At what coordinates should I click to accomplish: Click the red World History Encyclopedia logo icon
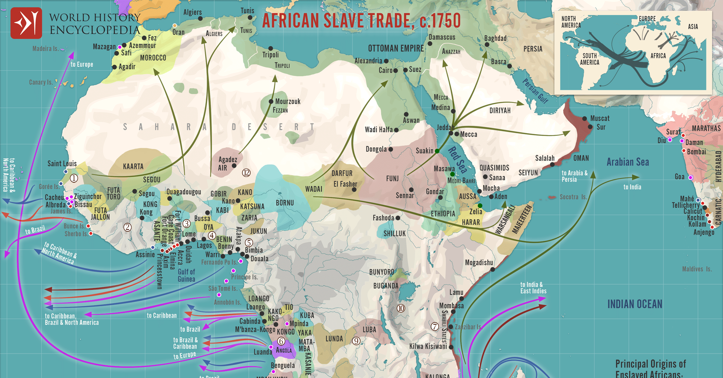(x=26, y=23)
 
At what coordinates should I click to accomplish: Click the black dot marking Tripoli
(x=271, y=49)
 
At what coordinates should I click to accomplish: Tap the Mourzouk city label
(x=288, y=102)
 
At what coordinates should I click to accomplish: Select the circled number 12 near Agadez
(x=246, y=173)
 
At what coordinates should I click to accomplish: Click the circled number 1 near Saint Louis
(x=74, y=178)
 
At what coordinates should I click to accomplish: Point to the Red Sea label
(x=457, y=160)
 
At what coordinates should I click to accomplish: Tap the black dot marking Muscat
(x=584, y=118)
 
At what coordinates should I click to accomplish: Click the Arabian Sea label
(x=628, y=162)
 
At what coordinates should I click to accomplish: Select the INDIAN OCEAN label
(x=635, y=304)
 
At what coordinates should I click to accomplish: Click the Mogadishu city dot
(x=493, y=269)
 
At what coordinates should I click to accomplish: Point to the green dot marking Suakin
(x=437, y=151)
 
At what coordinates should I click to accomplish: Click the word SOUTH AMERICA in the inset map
(x=590, y=59)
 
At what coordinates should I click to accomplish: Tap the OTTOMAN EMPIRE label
(x=396, y=49)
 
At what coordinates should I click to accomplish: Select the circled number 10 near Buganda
(x=401, y=308)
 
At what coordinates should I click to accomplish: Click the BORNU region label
(x=285, y=203)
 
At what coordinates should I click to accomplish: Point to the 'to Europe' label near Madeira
(x=82, y=65)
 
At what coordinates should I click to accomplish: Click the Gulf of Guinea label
(x=186, y=276)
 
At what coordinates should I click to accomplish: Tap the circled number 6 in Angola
(x=281, y=341)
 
